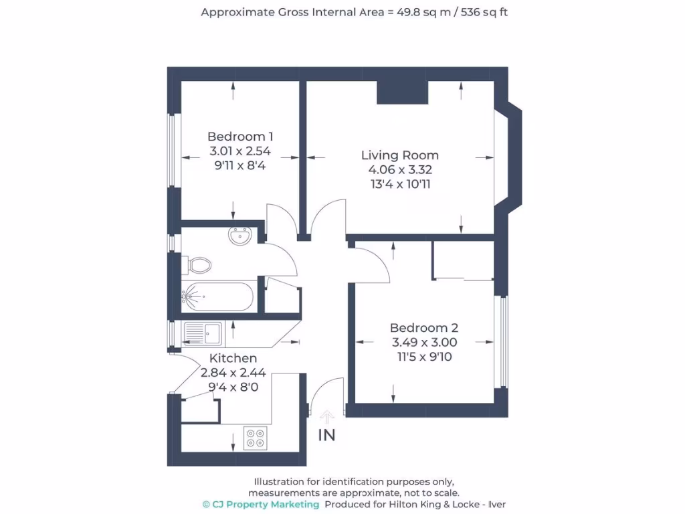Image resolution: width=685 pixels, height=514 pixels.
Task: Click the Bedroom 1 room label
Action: pos(240,136)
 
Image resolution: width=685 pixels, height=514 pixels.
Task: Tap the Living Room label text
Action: pos(399,155)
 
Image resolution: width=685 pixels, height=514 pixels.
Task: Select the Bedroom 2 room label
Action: pos(423,328)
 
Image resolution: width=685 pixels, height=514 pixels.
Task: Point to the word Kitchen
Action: pos(233,359)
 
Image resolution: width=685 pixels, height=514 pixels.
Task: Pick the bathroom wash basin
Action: pos(239,236)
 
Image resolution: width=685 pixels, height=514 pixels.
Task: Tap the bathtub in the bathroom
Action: pos(217,295)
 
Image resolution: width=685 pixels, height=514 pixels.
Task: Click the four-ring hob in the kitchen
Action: pos(255,438)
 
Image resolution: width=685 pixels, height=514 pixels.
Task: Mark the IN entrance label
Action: pos(326,435)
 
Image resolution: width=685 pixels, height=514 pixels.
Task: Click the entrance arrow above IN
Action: pos(326,418)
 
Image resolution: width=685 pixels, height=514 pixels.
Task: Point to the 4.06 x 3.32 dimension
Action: pos(399,169)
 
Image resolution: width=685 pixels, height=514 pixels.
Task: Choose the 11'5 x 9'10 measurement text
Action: pos(423,357)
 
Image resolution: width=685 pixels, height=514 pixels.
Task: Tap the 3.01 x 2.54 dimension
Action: pos(240,151)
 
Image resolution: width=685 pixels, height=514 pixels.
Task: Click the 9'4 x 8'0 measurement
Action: pos(233,387)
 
